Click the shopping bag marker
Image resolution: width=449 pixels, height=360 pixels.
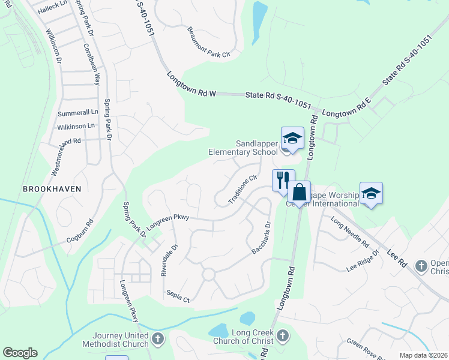coord(299,193)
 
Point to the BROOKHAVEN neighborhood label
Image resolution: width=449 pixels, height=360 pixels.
coord(52,188)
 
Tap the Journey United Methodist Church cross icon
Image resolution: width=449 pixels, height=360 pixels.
coord(158,340)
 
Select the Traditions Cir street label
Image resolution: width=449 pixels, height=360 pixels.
coord(243,188)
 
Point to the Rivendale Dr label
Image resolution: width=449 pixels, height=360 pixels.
coord(169,259)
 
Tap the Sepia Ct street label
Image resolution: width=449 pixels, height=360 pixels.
coord(178,296)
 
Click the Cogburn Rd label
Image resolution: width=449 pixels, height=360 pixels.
coord(80,230)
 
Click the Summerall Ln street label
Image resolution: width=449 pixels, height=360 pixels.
coord(77,112)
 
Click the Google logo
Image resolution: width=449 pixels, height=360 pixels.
coord(20,353)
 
